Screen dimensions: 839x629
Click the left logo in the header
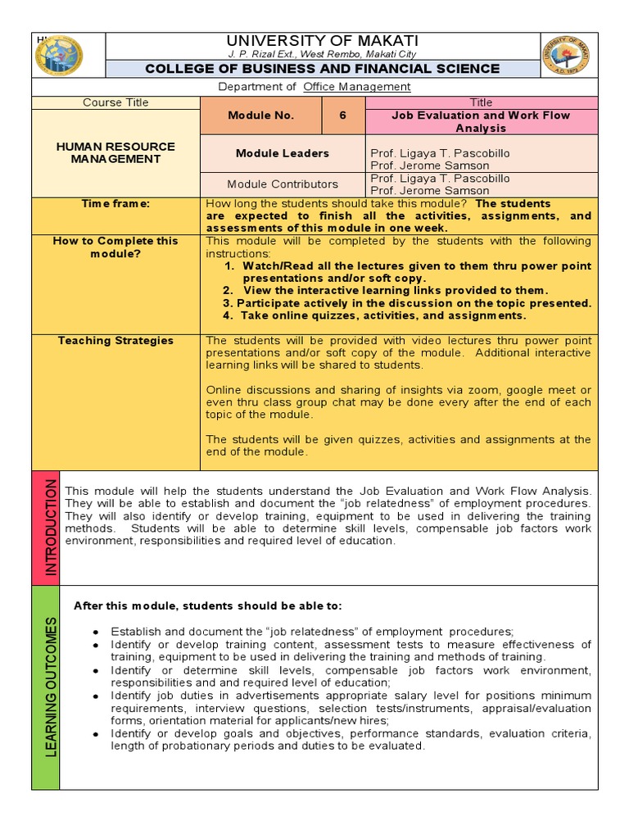click(x=60, y=56)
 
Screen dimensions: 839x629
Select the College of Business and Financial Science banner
click(x=322, y=69)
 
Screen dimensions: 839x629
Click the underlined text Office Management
click(x=357, y=87)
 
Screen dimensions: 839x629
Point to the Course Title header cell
click(x=115, y=102)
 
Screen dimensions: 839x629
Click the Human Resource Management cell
click(x=115, y=152)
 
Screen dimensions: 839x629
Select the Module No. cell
click(x=261, y=116)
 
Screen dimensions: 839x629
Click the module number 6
click(x=342, y=116)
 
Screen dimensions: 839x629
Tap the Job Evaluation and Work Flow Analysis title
click(x=481, y=122)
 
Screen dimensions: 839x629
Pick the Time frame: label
click(x=115, y=204)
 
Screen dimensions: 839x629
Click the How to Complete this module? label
click(x=115, y=247)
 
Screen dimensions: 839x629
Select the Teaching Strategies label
click(x=115, y=341)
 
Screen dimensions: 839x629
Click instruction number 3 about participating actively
click(x=406, y=303)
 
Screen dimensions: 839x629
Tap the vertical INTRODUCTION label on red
click(x=47, y=528)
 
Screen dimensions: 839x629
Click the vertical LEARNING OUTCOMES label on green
click(x=47, y=687)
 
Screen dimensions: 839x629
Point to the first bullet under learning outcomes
click(x=312, y=631)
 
